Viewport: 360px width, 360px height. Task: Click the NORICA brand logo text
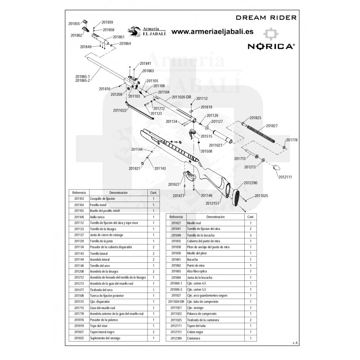click(270, 46)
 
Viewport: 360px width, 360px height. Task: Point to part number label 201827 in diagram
click(272, 126)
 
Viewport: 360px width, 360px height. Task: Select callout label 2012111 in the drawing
click(285, 177)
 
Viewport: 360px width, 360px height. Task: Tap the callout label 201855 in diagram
click(74, 23)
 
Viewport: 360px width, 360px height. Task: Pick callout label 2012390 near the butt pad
click(251, 183)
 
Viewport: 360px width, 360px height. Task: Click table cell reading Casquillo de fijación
click(103, 198)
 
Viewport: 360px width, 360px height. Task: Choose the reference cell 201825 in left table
click(79, 337)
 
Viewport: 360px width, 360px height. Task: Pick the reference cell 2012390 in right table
click(175, 338)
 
